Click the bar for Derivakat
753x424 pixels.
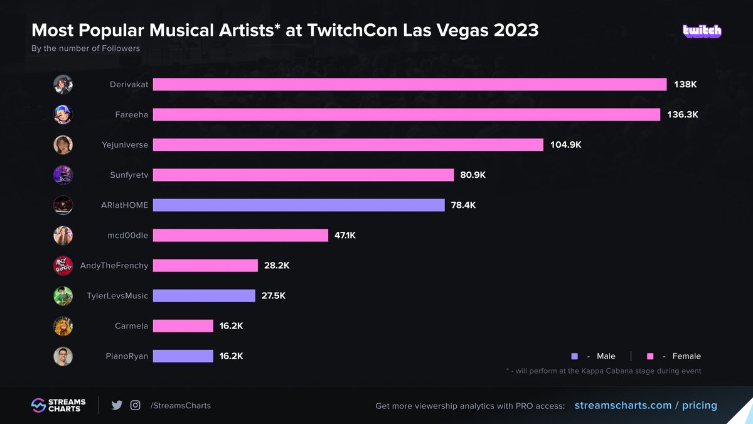(409, 84)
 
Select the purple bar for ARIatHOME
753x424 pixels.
(298, 205)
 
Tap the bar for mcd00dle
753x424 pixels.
(240, 235)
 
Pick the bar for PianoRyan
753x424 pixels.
(183, 356)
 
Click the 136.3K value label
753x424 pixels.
(683, 114)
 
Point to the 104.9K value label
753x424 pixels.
(566, 144)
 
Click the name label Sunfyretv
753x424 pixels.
(129, 175)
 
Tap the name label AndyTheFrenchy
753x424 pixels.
(114, 265)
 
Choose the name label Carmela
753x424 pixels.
(132, 325)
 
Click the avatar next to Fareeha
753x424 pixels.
(63, 114)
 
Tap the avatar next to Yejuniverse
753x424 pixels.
(63, 144)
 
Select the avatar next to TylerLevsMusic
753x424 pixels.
(63, 295)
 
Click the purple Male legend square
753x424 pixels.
(575, 356)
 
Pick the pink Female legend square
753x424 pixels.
(650, 356)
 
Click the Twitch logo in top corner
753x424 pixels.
(702, 31)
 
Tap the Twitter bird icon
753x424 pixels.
(117, 405)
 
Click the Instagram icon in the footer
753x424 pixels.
(135, 405)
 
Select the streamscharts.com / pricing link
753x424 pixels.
(646, 405)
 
